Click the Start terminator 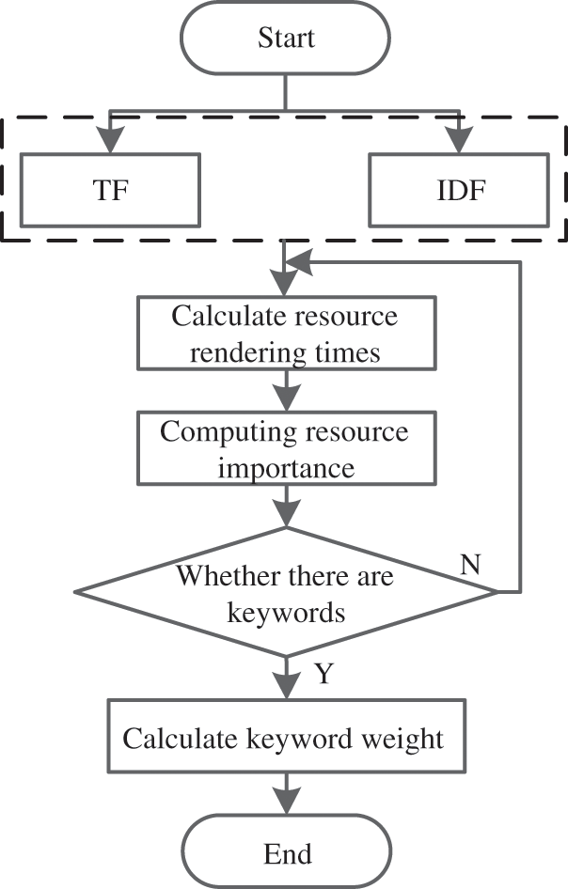point(286,38)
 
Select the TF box point(110,190)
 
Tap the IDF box point(459,190)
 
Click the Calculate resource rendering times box point(287,334)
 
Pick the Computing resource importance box point(287,448)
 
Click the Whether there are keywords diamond point(287,592)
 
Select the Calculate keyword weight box point(287,736)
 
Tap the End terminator point(287,851)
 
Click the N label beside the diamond point(470,564)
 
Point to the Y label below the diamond point(324,674)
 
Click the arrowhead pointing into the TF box point(110,139)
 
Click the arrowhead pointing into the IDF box point(459,139)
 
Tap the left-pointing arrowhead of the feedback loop point(298,262)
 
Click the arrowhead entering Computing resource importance point(287,398)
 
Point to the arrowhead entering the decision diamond point(287,514)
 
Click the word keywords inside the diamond point(286,613)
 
